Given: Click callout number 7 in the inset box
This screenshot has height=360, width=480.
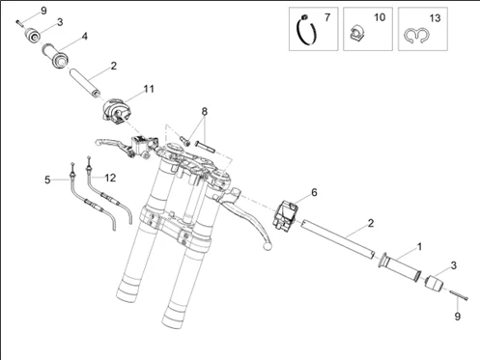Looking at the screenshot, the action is (327, 17).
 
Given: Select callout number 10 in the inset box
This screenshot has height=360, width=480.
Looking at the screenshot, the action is (380, 17).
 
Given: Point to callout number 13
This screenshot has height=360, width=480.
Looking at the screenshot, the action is (435, 18).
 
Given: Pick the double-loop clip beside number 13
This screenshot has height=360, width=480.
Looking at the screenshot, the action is (416, 36).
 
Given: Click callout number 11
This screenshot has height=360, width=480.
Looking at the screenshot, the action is (149, 89).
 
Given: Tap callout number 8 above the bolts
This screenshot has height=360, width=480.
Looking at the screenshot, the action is (205, 112).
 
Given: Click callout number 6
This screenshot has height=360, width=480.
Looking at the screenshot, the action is (314, 192).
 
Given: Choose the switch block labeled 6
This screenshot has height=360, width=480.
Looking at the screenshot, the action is (286, 215).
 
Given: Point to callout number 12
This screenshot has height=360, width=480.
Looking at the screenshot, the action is (110, 178).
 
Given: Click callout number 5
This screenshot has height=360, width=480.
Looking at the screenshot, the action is (47, 180).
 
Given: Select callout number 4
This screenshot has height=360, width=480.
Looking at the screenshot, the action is (84, 37).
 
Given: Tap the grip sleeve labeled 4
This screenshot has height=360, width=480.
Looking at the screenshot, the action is (55, 55).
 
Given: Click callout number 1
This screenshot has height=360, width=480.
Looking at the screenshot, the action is (419, 247).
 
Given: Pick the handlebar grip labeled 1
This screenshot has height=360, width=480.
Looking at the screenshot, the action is (400, 267).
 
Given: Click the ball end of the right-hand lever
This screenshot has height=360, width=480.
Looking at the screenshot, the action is (268, 246).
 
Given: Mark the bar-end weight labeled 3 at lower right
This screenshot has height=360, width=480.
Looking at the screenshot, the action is (434, 283).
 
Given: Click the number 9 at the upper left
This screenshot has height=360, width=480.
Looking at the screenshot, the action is (43, 11).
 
